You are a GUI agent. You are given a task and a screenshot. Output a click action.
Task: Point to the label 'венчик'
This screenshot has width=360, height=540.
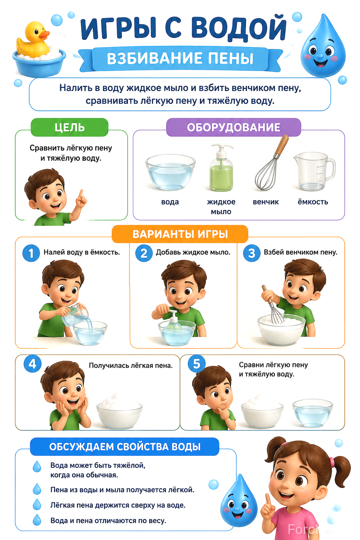[265, 202]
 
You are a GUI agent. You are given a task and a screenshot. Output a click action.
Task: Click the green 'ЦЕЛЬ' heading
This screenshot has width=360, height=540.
[70, 127]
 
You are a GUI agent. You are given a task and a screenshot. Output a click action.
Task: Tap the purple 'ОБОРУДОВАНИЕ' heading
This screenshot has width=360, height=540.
[233, 127]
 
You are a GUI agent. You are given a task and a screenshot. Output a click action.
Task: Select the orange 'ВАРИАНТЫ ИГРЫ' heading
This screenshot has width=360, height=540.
[180, 234]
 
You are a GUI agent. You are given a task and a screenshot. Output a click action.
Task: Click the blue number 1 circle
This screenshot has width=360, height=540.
[31, 253]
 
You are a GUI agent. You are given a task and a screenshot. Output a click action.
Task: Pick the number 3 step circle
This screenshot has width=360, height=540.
[251, 253]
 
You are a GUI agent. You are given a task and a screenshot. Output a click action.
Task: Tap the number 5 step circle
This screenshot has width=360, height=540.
[197, 364]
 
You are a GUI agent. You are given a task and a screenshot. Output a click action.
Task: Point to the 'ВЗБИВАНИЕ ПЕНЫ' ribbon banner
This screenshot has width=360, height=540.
[180, 59]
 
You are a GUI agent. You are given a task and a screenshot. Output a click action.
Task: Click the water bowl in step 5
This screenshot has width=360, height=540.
[313, 412]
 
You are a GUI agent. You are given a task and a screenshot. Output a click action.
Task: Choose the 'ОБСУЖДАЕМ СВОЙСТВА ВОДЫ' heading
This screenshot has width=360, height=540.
[125, 447]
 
